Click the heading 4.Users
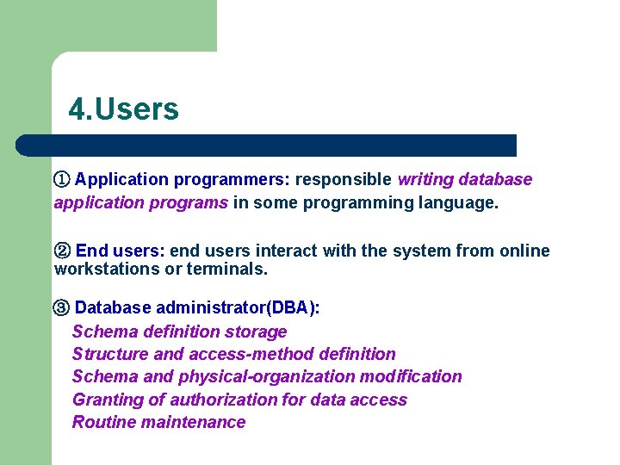point(124,109)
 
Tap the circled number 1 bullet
point(61,179)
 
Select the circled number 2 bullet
point(63,251)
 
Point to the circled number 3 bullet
point(62,308)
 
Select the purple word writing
point(425,180)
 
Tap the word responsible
point(344,180)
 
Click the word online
point(524,251)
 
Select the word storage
point(256,332)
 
